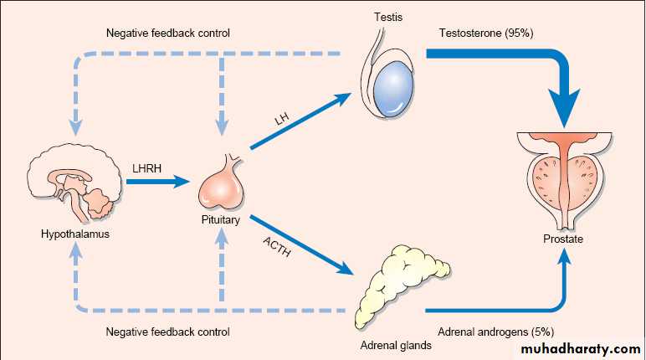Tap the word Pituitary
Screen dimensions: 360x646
[x=221, y=222]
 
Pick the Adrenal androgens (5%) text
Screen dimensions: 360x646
[x=490, y=331]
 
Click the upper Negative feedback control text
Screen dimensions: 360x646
[x=167, y=34]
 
